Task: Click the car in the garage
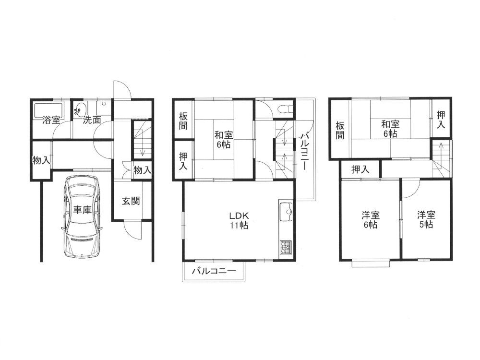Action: click(82, 216)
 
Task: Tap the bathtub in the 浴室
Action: click(49, 110)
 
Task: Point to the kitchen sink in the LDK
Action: click(286, 212)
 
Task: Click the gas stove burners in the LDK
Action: click(285, 247)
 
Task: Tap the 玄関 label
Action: click(131, 201)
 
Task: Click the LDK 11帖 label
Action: click(239, 220)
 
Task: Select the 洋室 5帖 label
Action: click(426, 219)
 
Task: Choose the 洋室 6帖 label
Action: click(371, 220)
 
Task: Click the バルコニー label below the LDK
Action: click(214, 271)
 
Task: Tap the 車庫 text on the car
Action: click(83, 210)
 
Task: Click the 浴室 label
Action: click(51, 120)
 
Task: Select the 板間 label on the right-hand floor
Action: click(340, 131)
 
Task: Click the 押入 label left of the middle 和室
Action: click(183, 161)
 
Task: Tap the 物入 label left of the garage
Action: click(41, 159)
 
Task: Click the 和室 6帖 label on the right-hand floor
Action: click(390, 129)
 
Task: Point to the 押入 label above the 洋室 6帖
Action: click(360, 169)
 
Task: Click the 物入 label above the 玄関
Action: click(143, 170)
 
